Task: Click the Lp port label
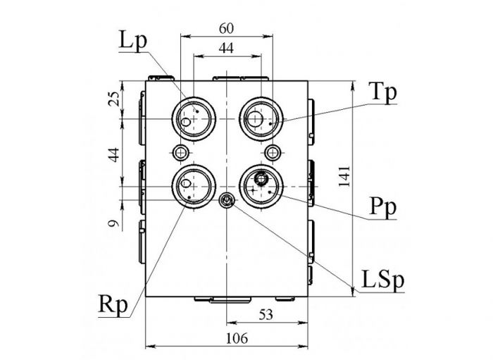tap(133, 41)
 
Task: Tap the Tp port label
tap(382, 93)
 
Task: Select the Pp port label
tap(383, 208)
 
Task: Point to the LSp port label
tap(382, 279)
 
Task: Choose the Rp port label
tap(113, 304)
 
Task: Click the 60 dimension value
tap(226, 29)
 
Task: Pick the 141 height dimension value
tap(344, 176)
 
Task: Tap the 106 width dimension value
tap(237, 338)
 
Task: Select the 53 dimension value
tap(266, 314)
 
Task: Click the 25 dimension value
tap(114, 99)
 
